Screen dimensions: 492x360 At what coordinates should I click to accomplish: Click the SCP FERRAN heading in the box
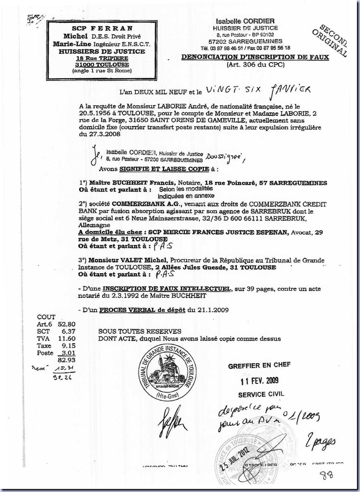[x=102, y=28]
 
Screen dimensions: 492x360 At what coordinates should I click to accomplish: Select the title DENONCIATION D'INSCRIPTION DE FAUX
[x=255, y=57]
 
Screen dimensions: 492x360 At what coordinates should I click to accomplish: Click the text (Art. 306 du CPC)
[x=255, y=64]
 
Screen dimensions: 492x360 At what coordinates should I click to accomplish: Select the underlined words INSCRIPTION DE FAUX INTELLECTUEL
[x=167, y=288]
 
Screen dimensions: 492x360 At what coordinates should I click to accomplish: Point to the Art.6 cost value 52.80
[x=67, y=324]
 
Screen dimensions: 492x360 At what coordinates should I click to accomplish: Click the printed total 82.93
[x=67, y=360]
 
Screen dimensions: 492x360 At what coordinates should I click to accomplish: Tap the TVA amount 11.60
[x=67, y=338]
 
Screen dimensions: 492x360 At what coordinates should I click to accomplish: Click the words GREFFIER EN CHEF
[x=259, y=365]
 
